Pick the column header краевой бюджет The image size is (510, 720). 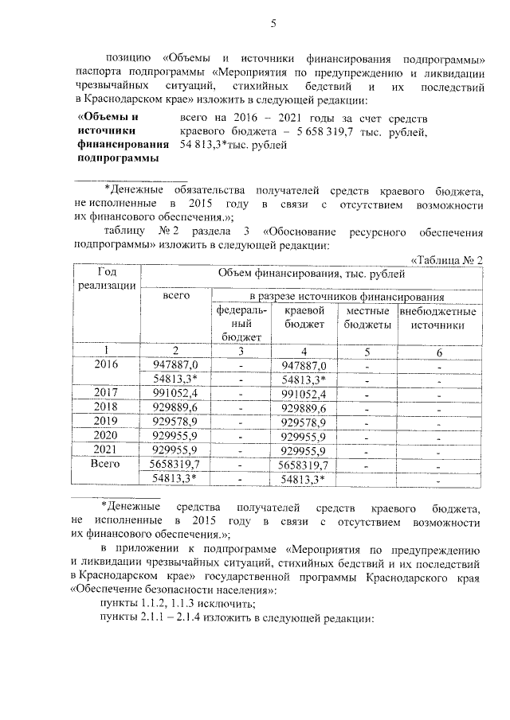pos(304,317)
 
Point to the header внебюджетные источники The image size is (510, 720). pos(438,317)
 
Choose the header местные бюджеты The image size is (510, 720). pos(367,317)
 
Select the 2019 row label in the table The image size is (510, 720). pos(107,421)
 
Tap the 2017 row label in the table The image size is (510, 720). pos(107,393)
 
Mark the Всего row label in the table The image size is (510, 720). pos(107,463)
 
